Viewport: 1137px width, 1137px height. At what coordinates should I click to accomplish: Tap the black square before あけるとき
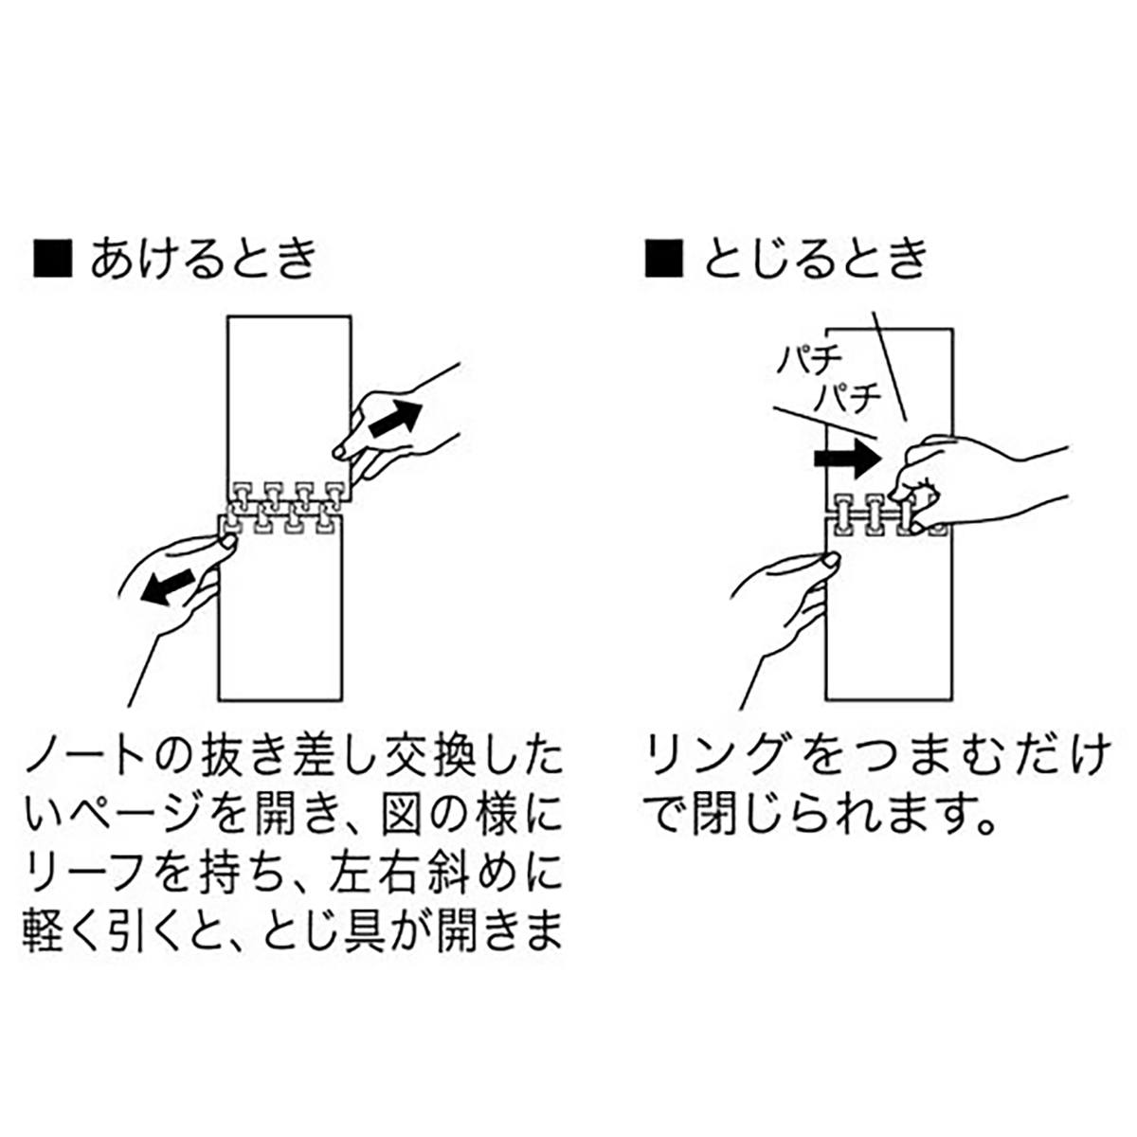[x=53, y=260]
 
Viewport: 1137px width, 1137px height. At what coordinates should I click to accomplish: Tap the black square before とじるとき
[x=664, y=260]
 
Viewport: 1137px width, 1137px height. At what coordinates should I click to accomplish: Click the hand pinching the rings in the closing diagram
[x=957, y=483]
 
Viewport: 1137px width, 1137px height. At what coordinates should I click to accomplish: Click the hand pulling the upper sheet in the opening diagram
[x=398, y=426]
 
